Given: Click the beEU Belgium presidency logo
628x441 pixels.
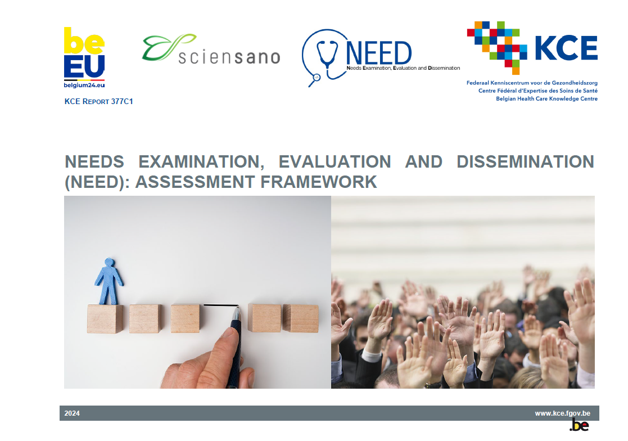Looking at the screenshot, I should pos(84,57).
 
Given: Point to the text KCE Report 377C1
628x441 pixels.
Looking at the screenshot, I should pos(99,101).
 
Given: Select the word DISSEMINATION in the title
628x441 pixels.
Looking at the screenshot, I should pos(525,161).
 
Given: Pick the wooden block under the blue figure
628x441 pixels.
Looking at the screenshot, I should pos(105,318).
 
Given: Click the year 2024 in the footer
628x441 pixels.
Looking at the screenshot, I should pos(72,413).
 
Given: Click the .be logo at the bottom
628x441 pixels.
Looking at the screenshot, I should pos(579,426).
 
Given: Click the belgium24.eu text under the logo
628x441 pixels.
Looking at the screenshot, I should pos(84,85).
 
